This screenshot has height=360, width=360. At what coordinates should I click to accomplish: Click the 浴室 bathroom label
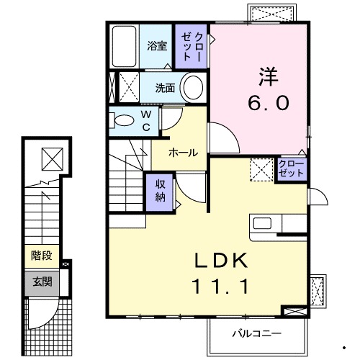pyautogui.click(x=157, y=46)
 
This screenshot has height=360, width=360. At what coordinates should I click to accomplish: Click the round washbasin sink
pyautogui.click(x=192, y=89)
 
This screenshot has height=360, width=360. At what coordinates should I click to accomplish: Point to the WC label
pyautogui.click(x=145, y=121)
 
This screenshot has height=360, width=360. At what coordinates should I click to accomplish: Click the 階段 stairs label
pyautogui.click(x=42, y=255)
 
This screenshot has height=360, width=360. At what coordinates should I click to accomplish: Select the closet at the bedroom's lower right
pyautogui.click(x=291, y=170)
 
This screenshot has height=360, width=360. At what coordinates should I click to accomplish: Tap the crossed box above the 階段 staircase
pyautogui.click(x=52, y=158)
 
